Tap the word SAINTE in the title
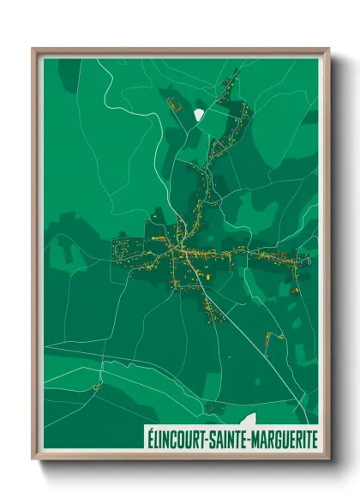pos(225,438)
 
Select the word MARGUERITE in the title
pos(281,438)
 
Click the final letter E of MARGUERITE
pos(314,438)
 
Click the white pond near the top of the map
pos(200,114)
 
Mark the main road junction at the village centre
pos(179,251)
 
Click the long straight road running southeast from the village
pos(249,334)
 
